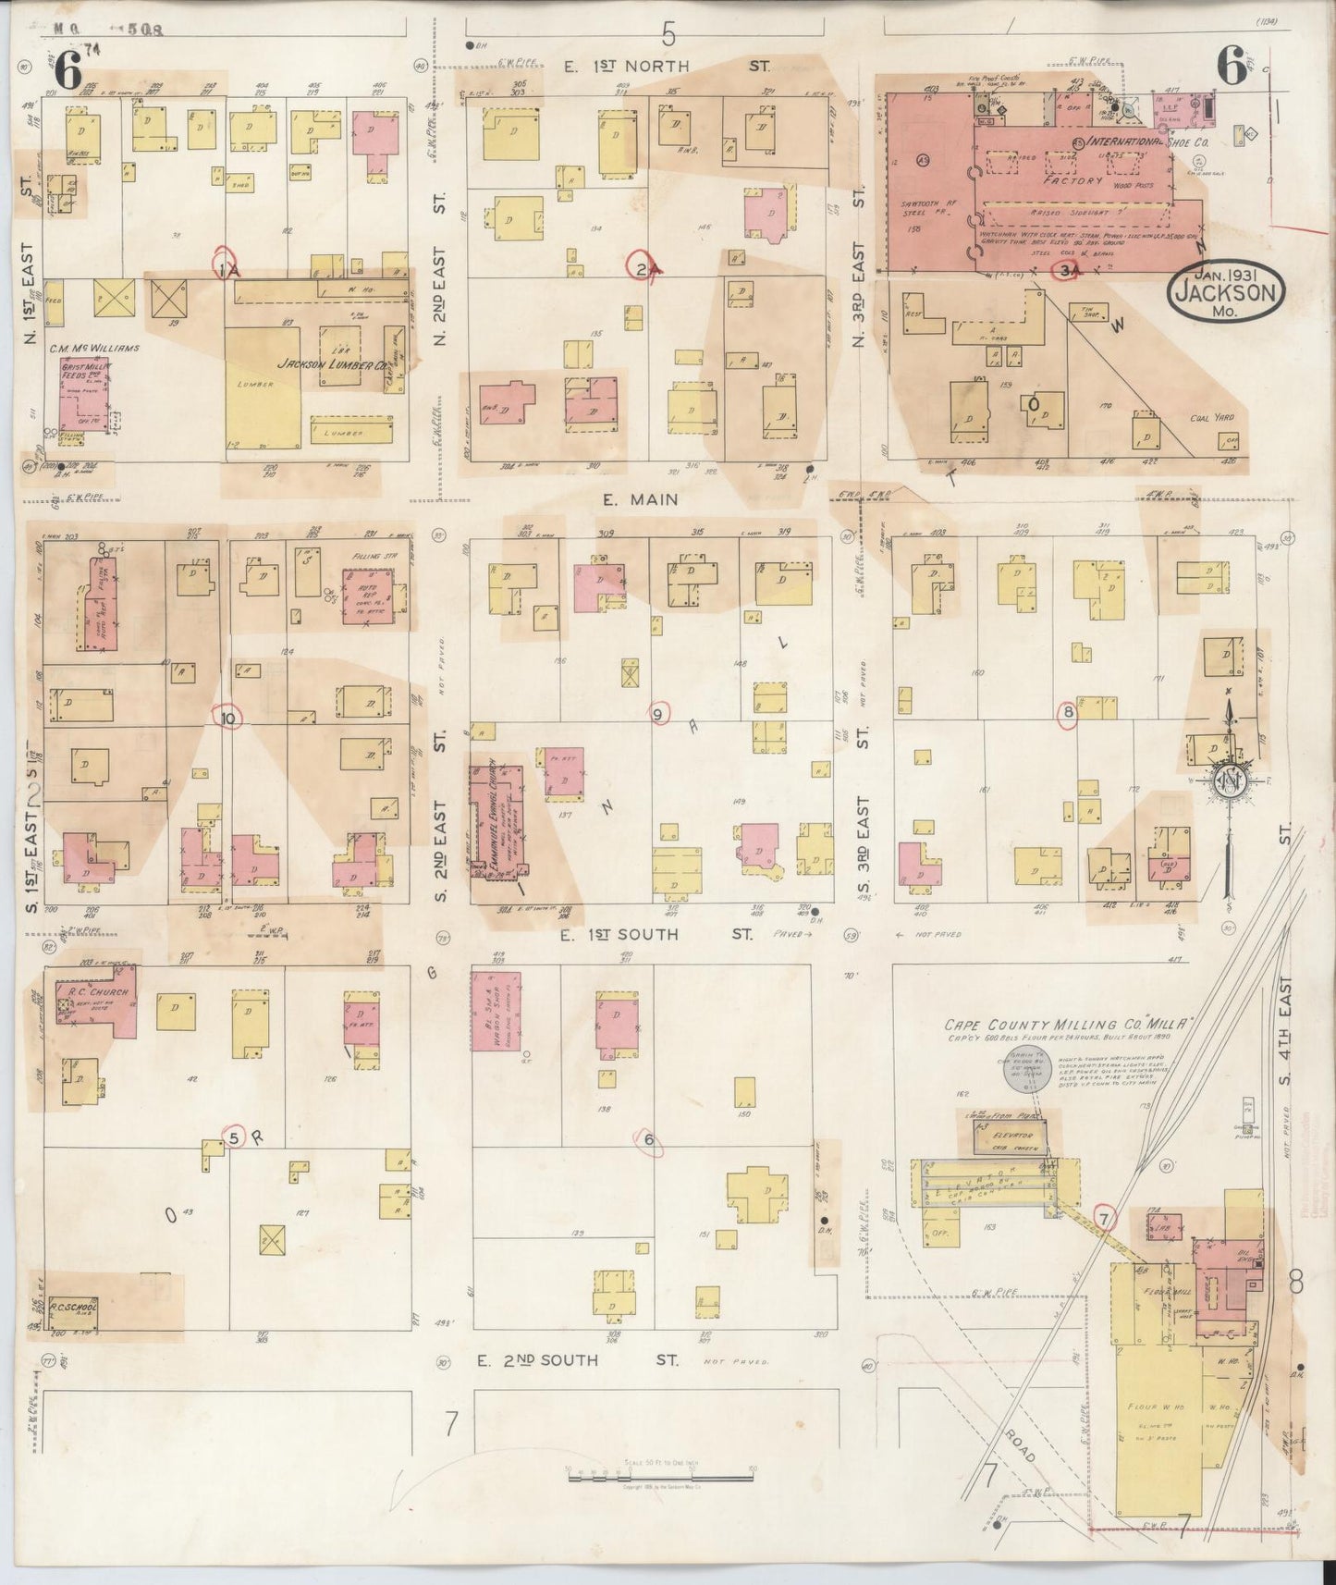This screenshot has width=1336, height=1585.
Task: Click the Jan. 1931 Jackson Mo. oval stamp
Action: coord(1227,293)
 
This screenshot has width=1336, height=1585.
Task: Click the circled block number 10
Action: coord(228,716)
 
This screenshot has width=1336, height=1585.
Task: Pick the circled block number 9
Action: coord(659,714)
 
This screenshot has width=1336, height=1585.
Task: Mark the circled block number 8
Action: coord(1068,713)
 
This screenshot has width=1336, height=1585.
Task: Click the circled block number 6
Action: coord(649,1139)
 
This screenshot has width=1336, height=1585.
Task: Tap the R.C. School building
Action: coord(73,1311)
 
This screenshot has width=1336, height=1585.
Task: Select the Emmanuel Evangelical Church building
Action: coord(496,820)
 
